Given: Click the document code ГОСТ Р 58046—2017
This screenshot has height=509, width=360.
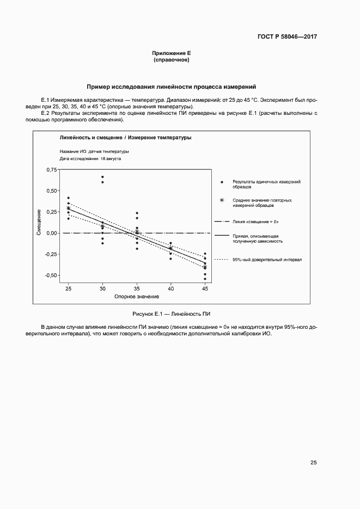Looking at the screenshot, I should coord(287,37).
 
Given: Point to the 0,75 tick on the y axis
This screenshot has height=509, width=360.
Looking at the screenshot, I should coord(51,170).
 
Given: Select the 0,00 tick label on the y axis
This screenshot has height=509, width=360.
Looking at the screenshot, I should coord(51,233).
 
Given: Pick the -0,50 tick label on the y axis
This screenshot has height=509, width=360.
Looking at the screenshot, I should coord(50,275).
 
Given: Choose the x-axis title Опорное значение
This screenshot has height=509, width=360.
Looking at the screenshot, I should coord(136,297).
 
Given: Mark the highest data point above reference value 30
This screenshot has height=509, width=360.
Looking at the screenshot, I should coord(102,177).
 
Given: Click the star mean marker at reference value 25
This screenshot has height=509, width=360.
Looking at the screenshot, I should coord(68,208).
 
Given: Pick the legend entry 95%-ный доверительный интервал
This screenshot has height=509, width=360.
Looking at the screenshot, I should coord(267,260).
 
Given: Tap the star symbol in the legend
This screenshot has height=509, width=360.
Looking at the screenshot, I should coord(221,200).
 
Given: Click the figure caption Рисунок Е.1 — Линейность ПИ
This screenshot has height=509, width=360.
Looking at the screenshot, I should coord(172,315).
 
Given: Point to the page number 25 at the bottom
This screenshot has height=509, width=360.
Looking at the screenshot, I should coord(313,463).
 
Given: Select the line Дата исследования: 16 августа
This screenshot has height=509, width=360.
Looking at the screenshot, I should coord(90,159).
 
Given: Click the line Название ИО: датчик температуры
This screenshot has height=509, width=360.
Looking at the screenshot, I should coord(94,151).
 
